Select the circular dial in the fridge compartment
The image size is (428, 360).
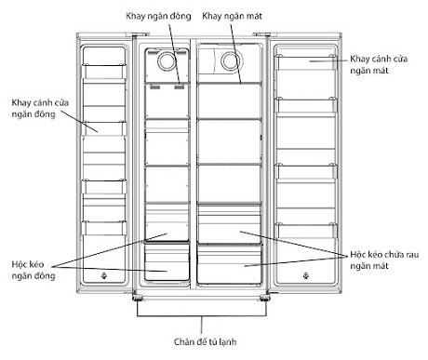click(x=230, y=62)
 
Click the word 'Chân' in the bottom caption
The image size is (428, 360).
click(x=184, y=341)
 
